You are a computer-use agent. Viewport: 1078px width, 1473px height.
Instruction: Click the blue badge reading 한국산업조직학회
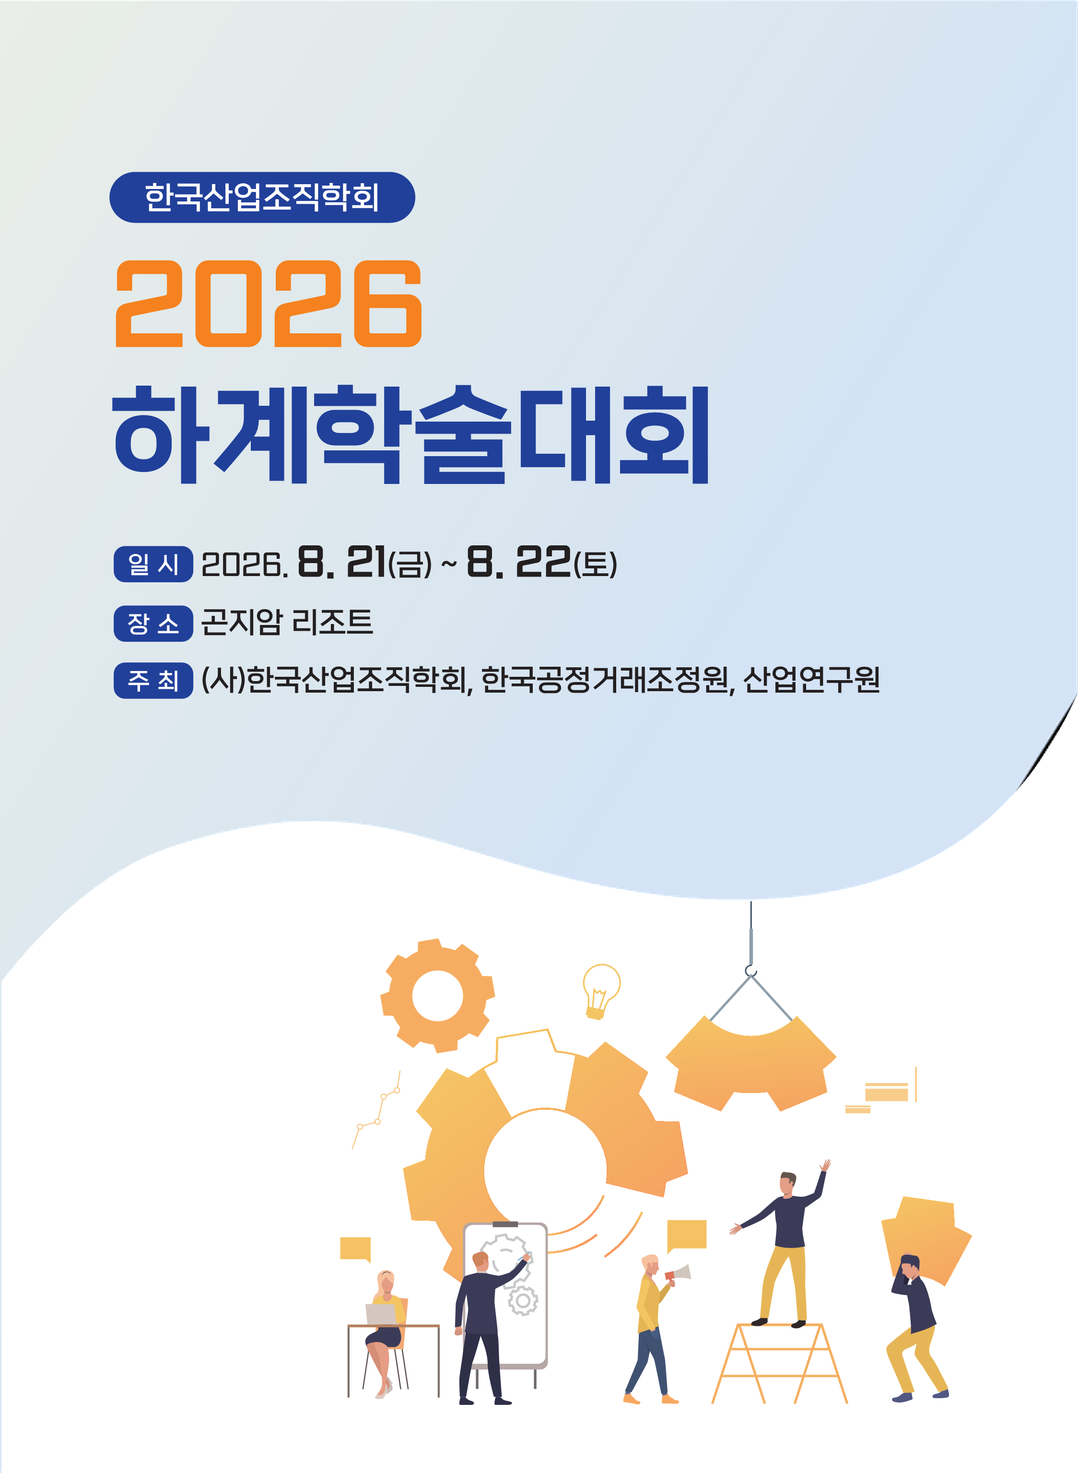pos(262,197)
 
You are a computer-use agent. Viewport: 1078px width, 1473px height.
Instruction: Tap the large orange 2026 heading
pos(268,304)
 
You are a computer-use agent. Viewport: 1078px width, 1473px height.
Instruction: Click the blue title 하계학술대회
pos(410,435)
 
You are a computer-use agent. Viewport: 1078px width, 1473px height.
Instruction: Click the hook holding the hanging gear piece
pos(751,972)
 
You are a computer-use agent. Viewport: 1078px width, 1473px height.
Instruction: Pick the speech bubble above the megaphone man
pos(687,1235)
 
